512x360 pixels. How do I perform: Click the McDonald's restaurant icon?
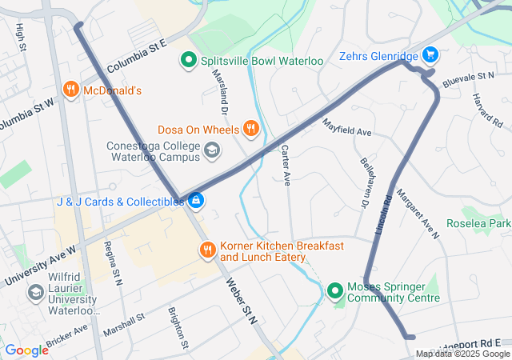tap(71, 90)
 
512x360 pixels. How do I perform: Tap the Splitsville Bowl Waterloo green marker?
tap(189, 59)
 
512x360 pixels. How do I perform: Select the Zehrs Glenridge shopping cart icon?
tap(430, 55)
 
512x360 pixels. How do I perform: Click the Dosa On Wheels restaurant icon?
tap(251, 128)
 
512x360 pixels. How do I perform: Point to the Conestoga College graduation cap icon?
tap(212, 150)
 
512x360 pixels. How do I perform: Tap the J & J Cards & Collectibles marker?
tap(195, 201)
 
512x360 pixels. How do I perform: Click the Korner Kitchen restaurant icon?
tap(208, 251)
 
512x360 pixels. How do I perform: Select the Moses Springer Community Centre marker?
tap(335, 291)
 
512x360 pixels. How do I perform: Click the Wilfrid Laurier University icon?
tap(35, 293)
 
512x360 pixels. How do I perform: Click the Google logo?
tap(26, 350)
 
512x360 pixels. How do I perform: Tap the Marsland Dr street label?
tap(221, 90)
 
